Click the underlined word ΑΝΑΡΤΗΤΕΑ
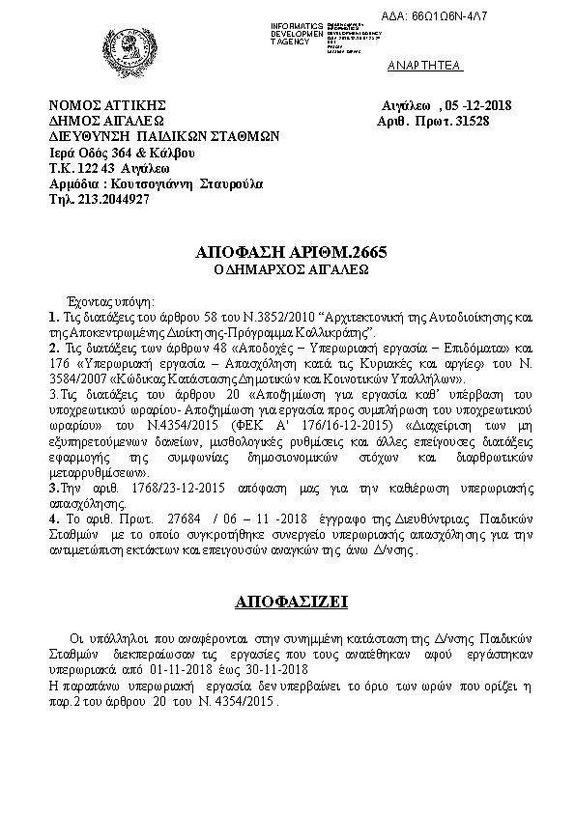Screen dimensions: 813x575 [x=425, y=66]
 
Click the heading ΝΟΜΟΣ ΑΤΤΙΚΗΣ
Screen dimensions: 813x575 [x=108, y=105]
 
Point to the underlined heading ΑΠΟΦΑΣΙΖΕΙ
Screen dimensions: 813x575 [x=286, y=603]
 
